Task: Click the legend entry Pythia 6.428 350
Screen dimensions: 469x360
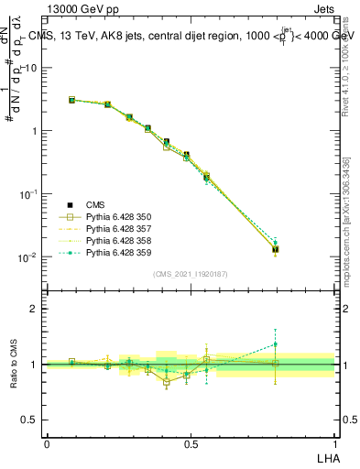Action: (115, 217)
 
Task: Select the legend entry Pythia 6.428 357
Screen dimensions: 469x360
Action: (115, 229)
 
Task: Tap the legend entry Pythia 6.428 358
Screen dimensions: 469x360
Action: (115, 241)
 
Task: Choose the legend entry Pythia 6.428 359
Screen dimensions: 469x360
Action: (115, 253)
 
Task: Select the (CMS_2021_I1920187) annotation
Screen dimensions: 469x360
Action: (191, 274)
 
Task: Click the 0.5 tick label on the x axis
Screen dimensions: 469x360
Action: (191, 442)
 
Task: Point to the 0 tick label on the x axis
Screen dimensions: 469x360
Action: (47, 442)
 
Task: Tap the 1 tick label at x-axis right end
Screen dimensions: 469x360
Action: (334, 442)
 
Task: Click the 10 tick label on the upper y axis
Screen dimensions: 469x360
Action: (31, 68)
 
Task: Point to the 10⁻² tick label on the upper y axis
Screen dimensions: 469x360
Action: (29, 257)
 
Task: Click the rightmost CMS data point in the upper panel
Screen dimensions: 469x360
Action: (276, 248)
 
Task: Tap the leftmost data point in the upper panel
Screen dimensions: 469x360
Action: (71, 100)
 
